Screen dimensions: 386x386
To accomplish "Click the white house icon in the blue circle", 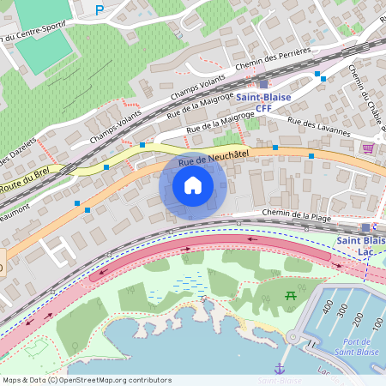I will pos(193,185).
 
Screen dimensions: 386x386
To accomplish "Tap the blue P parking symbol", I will pos(99,10).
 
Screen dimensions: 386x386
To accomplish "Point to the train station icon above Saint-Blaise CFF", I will pos(263,84).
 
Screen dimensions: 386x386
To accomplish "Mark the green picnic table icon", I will pos(290,296).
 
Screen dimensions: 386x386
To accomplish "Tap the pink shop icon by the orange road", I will pos(368,148).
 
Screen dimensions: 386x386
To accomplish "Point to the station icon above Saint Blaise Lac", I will pos(366,227).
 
